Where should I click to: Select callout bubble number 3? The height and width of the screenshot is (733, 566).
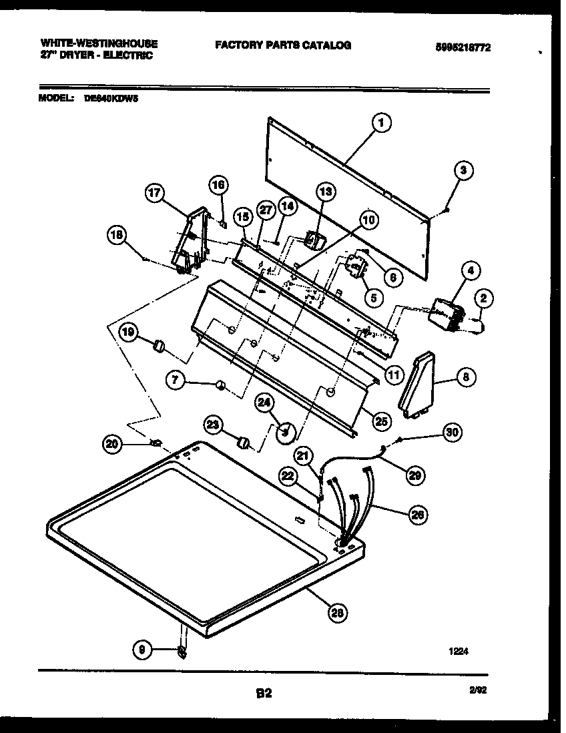click(465, 170)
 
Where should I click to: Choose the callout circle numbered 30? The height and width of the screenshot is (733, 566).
click(453, 432)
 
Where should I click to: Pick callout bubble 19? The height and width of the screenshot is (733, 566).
click(129, 330)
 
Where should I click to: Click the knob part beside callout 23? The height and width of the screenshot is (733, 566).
click(245, 443)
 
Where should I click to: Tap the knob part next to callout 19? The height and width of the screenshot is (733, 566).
click(160, 344)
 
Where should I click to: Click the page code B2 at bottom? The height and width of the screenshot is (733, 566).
click(264, 694)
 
